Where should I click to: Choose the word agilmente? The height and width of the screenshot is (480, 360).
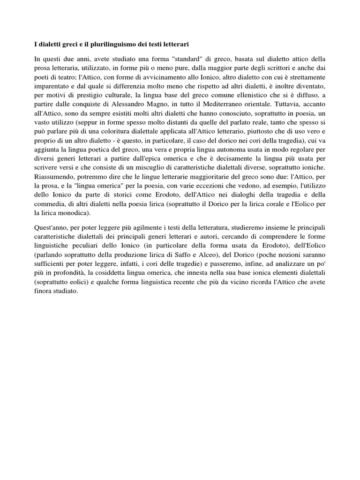pyautogui.click(x=142, y=227)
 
